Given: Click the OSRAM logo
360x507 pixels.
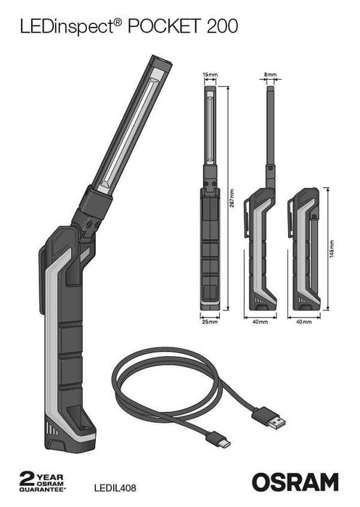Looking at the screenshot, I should (x=295, y=482).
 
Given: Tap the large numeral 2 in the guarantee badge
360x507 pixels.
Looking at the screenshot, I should (x=28, y=479).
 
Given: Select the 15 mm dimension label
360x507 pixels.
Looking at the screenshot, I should (x=210, y=74).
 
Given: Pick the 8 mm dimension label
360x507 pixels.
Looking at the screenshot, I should (x=271, y=74).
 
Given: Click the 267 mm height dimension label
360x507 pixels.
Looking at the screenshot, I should (x=232, y=200).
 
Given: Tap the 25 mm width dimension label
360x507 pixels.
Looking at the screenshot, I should (x=209, y=320).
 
